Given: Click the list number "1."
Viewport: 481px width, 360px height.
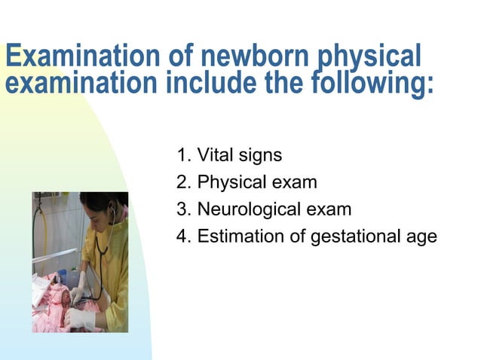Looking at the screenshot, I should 183,156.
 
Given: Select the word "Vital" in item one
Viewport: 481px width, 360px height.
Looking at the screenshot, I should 214,156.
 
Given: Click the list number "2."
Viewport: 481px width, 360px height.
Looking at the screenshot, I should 183,183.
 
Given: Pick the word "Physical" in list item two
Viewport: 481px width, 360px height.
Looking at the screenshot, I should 232,183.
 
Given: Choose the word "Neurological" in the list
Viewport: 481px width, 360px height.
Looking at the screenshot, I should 247,210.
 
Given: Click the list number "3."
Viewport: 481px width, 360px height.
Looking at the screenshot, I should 183,210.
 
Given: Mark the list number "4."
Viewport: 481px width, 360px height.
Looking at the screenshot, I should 183,236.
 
